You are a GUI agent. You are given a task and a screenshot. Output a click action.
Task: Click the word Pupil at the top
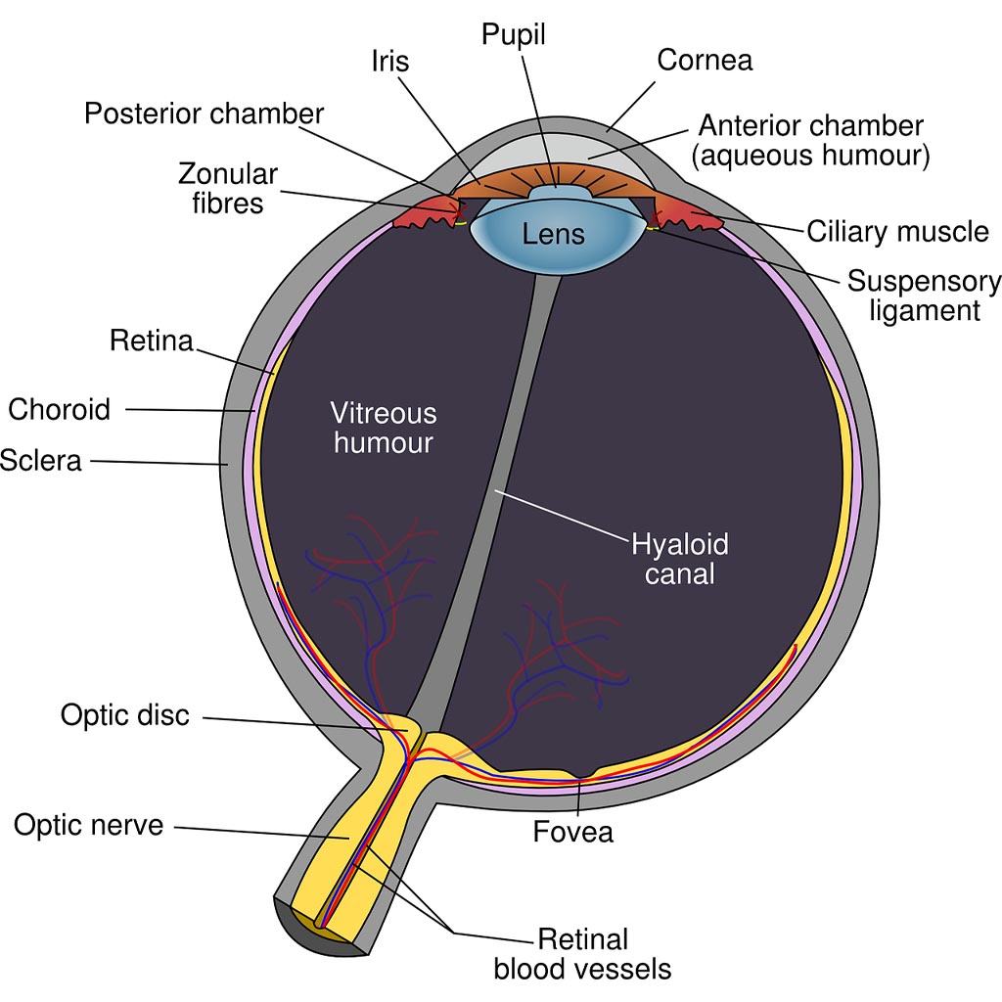(x=514, y=36)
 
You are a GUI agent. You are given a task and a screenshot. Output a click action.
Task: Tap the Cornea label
(x=705, y=60)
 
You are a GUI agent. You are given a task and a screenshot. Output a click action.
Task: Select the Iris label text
(x=389, y=61)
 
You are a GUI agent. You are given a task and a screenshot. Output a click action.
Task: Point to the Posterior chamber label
(x=204, y=114)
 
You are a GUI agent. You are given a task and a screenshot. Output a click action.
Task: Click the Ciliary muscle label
(x=897, y=232)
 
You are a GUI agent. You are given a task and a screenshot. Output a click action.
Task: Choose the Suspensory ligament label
(x=923, y=296)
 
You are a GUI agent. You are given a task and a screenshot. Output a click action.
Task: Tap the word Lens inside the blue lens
(x=554, y=234)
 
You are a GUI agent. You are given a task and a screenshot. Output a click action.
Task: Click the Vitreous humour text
(x=383, y=428)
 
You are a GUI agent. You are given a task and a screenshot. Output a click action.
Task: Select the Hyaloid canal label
(x=680, y=559)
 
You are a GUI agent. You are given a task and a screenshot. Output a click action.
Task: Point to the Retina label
(x=152, y=341)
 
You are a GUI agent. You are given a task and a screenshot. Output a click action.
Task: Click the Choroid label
(x=60, y=408)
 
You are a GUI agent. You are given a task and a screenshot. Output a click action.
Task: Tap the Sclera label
(x=40, y=460)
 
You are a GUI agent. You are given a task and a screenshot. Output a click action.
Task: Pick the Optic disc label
(x=124, y=714)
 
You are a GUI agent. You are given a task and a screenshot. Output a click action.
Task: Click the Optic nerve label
(x=88, y=825)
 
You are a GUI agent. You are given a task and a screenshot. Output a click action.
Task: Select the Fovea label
(x=573, y=832)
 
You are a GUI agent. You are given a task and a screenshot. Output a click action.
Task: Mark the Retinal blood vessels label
(x=582, y=954)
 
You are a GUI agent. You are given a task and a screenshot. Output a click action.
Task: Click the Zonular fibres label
(x=228, y=188)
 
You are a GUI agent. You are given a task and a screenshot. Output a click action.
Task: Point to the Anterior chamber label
(x=810, y=140)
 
